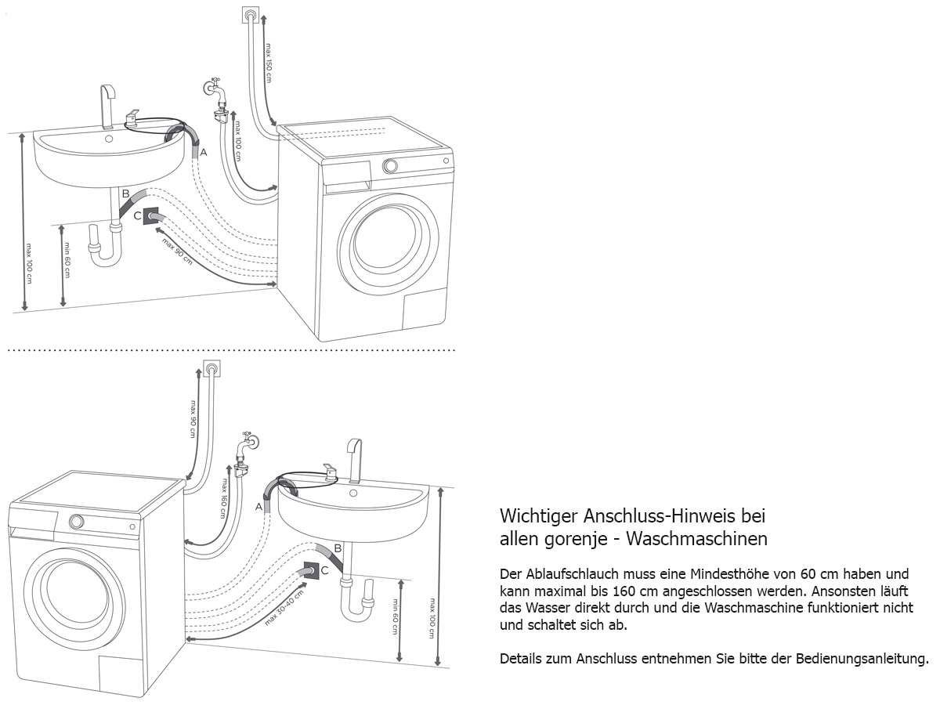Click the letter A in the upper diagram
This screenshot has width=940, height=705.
click(x=204, y=153)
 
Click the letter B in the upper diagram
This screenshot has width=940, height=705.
click(x=125, y=193)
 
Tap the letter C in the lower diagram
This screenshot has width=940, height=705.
click(x=324, y=572)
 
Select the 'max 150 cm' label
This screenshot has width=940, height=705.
click(x=268, y=63)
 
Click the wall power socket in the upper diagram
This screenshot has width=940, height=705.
click(x=251, y=15)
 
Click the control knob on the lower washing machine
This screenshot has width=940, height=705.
click(x=77, y=522)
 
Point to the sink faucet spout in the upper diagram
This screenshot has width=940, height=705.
click(x=107, y=106)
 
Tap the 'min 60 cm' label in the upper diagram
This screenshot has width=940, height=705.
click(x=67, y=266)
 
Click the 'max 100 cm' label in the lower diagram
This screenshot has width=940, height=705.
click(x=432, y=616)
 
